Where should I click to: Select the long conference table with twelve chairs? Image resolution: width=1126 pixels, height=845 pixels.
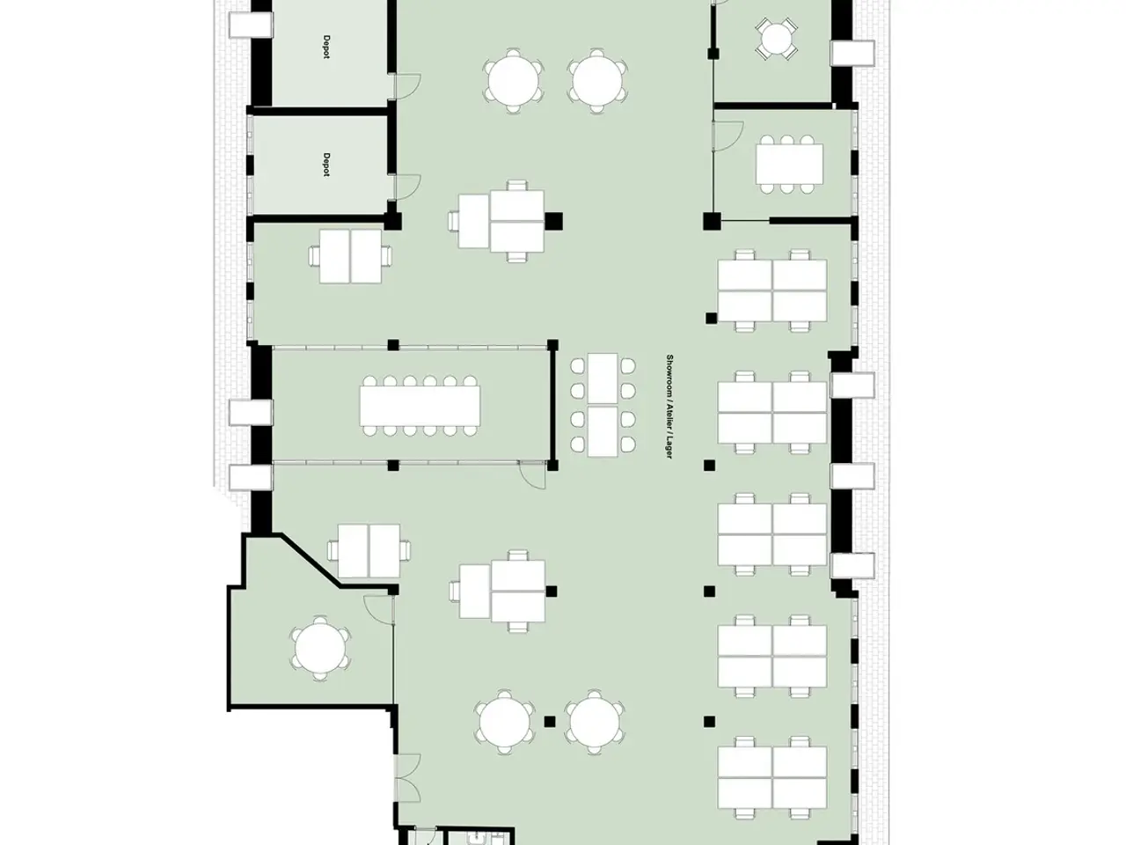(420, 406)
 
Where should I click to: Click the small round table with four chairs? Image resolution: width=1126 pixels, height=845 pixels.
(776, 39)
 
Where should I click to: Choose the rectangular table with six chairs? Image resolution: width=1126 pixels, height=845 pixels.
(789, 164)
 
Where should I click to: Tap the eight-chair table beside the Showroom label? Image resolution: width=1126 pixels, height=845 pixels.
(603, 405)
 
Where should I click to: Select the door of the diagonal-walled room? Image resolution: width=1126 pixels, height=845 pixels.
(378, 609)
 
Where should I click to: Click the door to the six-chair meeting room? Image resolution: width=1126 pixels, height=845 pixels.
(728, 136)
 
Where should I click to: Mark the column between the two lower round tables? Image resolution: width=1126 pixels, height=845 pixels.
(550, 722)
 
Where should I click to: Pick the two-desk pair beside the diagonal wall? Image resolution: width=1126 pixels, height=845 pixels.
(369, 550)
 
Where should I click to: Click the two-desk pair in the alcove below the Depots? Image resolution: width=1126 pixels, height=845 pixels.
(350, 256)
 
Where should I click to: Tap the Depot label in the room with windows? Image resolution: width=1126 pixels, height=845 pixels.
(326, 165)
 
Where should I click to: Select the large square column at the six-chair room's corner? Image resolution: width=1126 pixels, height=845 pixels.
(712, 221)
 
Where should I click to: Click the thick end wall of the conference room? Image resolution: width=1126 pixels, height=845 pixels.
(552, 405)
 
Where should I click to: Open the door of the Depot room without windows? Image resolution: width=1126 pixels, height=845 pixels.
(407, 85)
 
